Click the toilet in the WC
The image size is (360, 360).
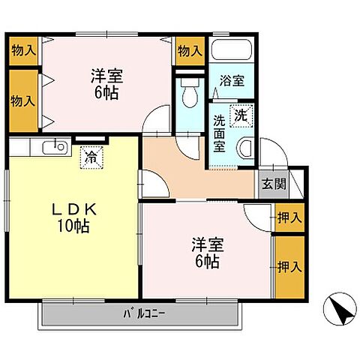point(188,93)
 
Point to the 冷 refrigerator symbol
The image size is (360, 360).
point(91,157)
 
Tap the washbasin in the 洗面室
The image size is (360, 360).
point(244,147)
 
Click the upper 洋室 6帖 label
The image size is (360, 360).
point(107,84)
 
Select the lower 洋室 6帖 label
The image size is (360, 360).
point(205,253)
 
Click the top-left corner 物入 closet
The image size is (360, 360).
point(22,51)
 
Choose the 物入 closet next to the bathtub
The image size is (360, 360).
point(190,51)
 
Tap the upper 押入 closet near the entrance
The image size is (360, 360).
point(289,217)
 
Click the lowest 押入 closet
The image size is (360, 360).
point(289,267)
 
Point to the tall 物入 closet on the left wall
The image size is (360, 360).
point(22,100)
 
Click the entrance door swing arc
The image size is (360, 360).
point(277,154)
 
